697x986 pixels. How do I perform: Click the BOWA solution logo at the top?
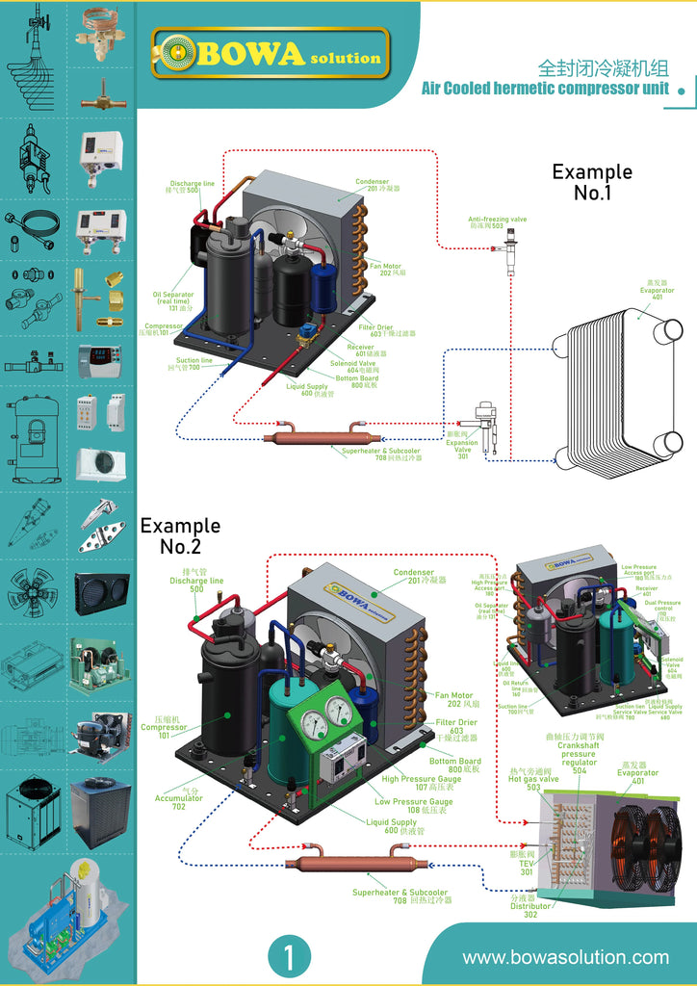[x=271, y=53]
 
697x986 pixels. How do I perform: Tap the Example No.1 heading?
[x=592, y=182]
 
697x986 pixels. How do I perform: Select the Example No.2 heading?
[x=180, y=536]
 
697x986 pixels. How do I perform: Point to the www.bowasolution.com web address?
[x=565, y=957]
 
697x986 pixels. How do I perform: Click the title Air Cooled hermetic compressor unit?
[x=545, y=89]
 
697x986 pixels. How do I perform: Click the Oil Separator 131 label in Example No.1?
[x=173, y=300]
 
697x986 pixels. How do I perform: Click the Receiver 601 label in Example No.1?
[x=359, y=350]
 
